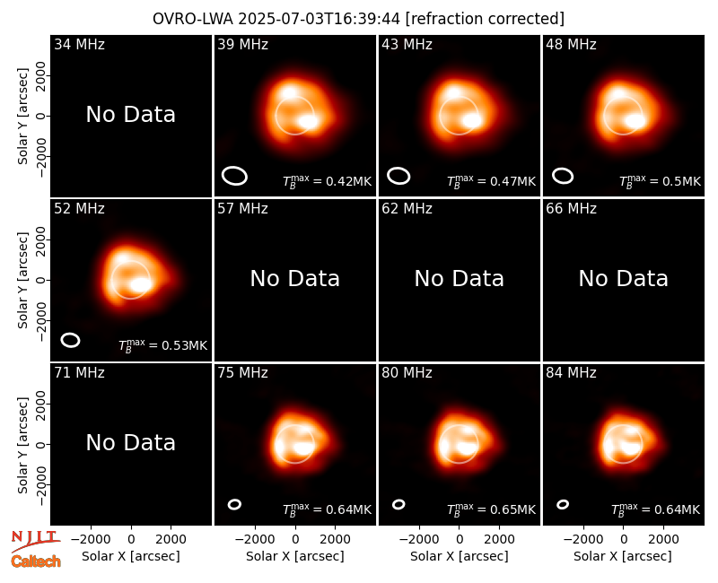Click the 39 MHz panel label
(x=242, y=44)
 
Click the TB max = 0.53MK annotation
(x=162, y=344)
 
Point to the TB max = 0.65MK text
(x=491, y=509)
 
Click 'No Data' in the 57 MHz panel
(x=295, y=278)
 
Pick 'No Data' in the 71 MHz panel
(x=130, y=442)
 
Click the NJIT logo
(x=36, y=540)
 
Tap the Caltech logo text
(x=36, y=561)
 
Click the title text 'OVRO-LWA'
(x=193, y=19)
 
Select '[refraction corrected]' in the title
(x=485, y=19)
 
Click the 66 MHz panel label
(x=571, y=209)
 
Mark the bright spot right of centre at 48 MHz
(x=635, y=121)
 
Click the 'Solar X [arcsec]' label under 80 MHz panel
(x=460, y=556)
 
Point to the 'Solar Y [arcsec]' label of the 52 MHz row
(x=22, y=280)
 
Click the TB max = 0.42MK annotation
(x=327, y=181)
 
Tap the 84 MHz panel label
(x=571, y=373)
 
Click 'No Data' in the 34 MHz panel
(x=130, y=115)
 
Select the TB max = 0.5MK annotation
(x=660, y=181)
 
